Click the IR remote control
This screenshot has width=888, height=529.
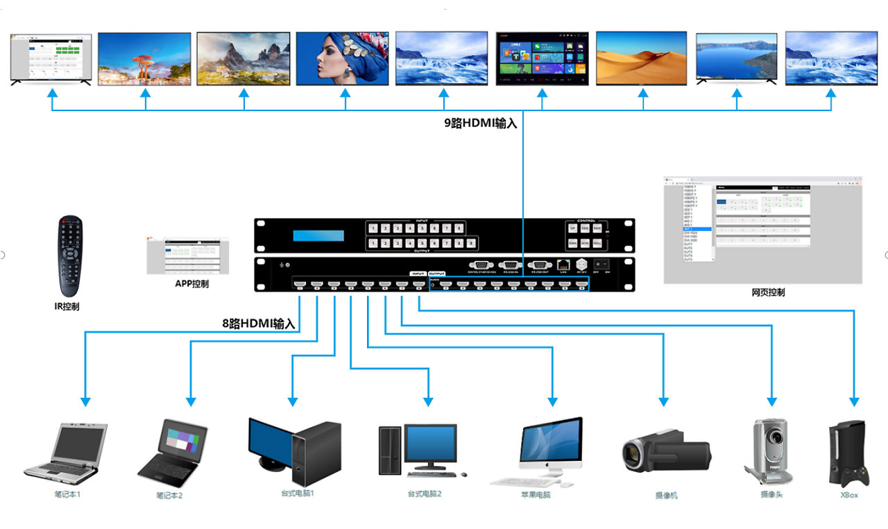[69, 256]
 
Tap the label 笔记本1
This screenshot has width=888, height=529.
[68, 495]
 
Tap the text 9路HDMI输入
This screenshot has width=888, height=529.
[481, 124]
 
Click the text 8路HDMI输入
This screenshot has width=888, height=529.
[258, 324]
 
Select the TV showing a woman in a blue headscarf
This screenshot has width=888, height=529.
[343, 58]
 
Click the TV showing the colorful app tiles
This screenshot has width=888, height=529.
[543, 58]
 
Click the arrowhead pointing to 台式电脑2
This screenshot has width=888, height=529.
[429, 401]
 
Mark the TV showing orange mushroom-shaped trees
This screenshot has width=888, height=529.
[144, 58]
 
